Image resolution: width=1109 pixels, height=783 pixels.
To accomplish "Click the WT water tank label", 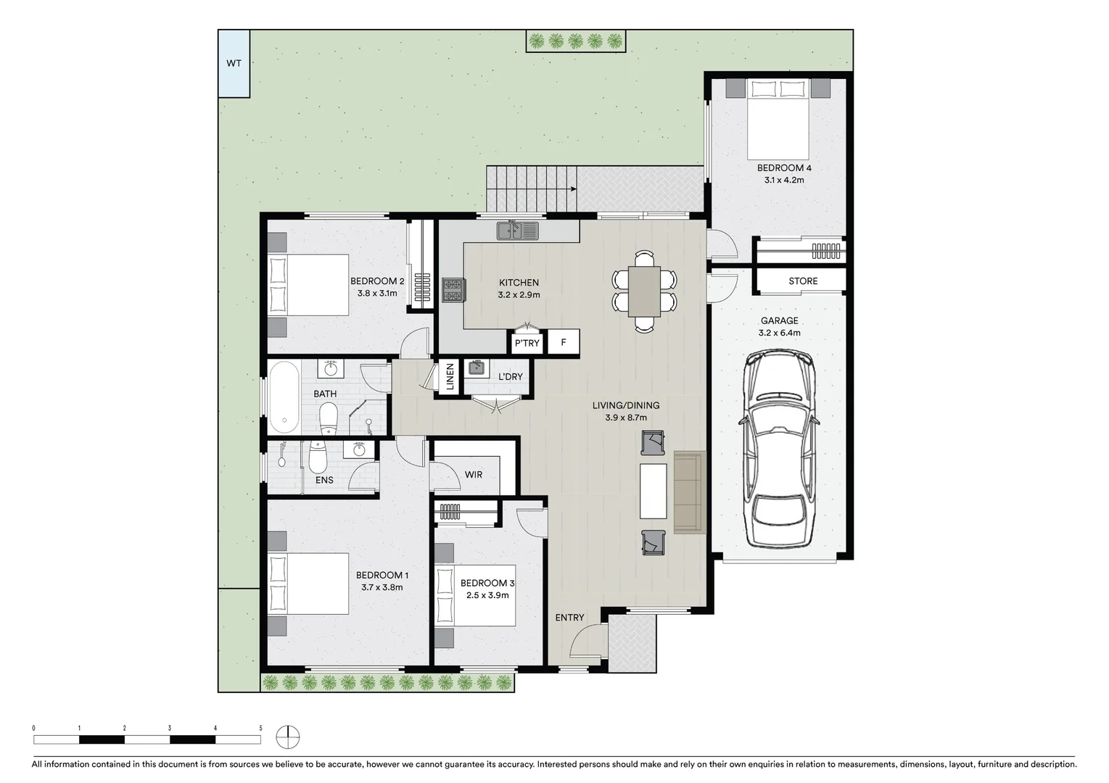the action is [234, 63].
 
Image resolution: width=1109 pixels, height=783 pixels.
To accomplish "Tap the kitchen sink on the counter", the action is [517, 231].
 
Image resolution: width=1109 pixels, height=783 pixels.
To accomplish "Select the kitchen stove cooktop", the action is [453, 291].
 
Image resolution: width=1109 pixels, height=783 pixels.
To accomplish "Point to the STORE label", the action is [803, 281].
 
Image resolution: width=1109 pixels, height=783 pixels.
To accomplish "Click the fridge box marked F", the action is [564, 342].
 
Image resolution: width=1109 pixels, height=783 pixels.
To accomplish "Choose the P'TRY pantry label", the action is [527, 343].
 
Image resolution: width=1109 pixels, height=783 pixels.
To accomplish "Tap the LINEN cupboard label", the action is [450, 377].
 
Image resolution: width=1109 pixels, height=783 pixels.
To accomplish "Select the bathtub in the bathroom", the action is [284, 397].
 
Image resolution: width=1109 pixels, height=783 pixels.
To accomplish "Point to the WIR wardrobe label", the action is [474, 475].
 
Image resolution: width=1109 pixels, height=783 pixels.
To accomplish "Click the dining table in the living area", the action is [644, 291].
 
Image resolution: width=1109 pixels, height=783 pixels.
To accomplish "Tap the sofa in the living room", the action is [690, 492].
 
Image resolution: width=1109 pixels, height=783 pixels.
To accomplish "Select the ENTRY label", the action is [569, 617].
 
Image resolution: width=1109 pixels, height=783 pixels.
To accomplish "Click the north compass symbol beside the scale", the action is [288, 737].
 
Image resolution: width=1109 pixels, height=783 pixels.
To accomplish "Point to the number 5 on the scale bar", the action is [260, 728].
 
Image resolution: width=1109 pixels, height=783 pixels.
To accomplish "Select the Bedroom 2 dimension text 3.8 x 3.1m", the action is [377, 293].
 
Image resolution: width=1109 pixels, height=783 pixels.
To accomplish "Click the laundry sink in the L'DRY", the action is [477, 368].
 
